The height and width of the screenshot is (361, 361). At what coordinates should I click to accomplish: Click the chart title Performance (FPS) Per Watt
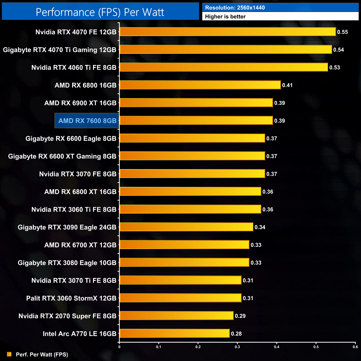pyautogui.click(x=100, y=12)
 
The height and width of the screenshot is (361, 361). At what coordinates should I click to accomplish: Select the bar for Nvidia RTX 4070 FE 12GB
pyautogui.click(x=228, y=32)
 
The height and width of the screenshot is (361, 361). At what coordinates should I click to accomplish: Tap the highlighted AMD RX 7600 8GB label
pyautogui.click(x=87, y=121)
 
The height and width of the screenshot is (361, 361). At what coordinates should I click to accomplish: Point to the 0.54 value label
pyautogui.click(x=339, y=50)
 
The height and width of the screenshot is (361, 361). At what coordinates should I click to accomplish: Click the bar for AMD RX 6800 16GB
pyautogui.click(x=200, y=85)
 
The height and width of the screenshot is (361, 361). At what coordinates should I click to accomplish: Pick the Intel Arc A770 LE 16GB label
pyautogui.click(x=79, y=334)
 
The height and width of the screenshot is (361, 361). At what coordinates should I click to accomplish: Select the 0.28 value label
pyautogui.click(x=236, y=334)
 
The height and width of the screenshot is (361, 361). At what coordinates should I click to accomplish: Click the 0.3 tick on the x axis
pyautogui.click(x=237, y=347)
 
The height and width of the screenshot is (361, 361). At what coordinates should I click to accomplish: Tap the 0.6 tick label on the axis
pyautogui.click(x=355, y=347)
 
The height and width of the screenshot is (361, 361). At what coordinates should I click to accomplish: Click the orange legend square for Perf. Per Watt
pyautogui.click(x=9, y=354)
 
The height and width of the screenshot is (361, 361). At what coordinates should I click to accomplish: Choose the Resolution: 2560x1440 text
pyautogui.click(x=235, y=8)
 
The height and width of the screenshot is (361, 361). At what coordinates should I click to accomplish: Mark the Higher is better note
pyautogui.click(x=225, y=17)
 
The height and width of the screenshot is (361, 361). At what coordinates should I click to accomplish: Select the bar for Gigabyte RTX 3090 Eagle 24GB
pyautogui.click(x=186, y=227)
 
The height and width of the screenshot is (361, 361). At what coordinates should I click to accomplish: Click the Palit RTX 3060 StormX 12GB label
pyautogui.click(x=71, y=298)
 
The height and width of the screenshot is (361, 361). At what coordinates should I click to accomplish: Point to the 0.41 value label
pyautogui.click(x=287, y=85)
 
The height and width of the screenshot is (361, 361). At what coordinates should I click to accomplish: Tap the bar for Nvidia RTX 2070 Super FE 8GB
pyautogui.click(x=176, y=315)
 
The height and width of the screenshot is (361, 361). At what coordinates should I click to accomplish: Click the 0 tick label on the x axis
pyautogui.click(x=119, y=347)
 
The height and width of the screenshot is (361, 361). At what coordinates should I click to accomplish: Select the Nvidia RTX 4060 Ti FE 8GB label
pyautogui.click(x=74, y=67)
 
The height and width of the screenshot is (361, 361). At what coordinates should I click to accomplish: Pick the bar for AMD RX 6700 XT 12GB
pyautogui.click(x=184, y=245)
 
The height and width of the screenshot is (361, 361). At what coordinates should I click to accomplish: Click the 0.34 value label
pyautogui.click(x=260, y=227)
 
